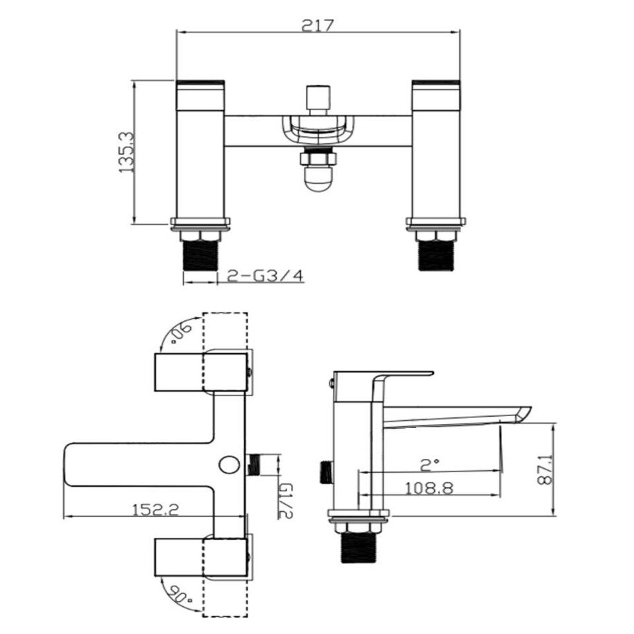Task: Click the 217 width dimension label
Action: (318, 26)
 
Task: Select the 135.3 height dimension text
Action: (127, 153)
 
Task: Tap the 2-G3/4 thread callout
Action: (265, 276)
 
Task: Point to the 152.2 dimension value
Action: (156, 510)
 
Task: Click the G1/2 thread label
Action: (286, 501)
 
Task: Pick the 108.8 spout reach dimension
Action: (429, 489)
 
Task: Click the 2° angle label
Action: (429, 465)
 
